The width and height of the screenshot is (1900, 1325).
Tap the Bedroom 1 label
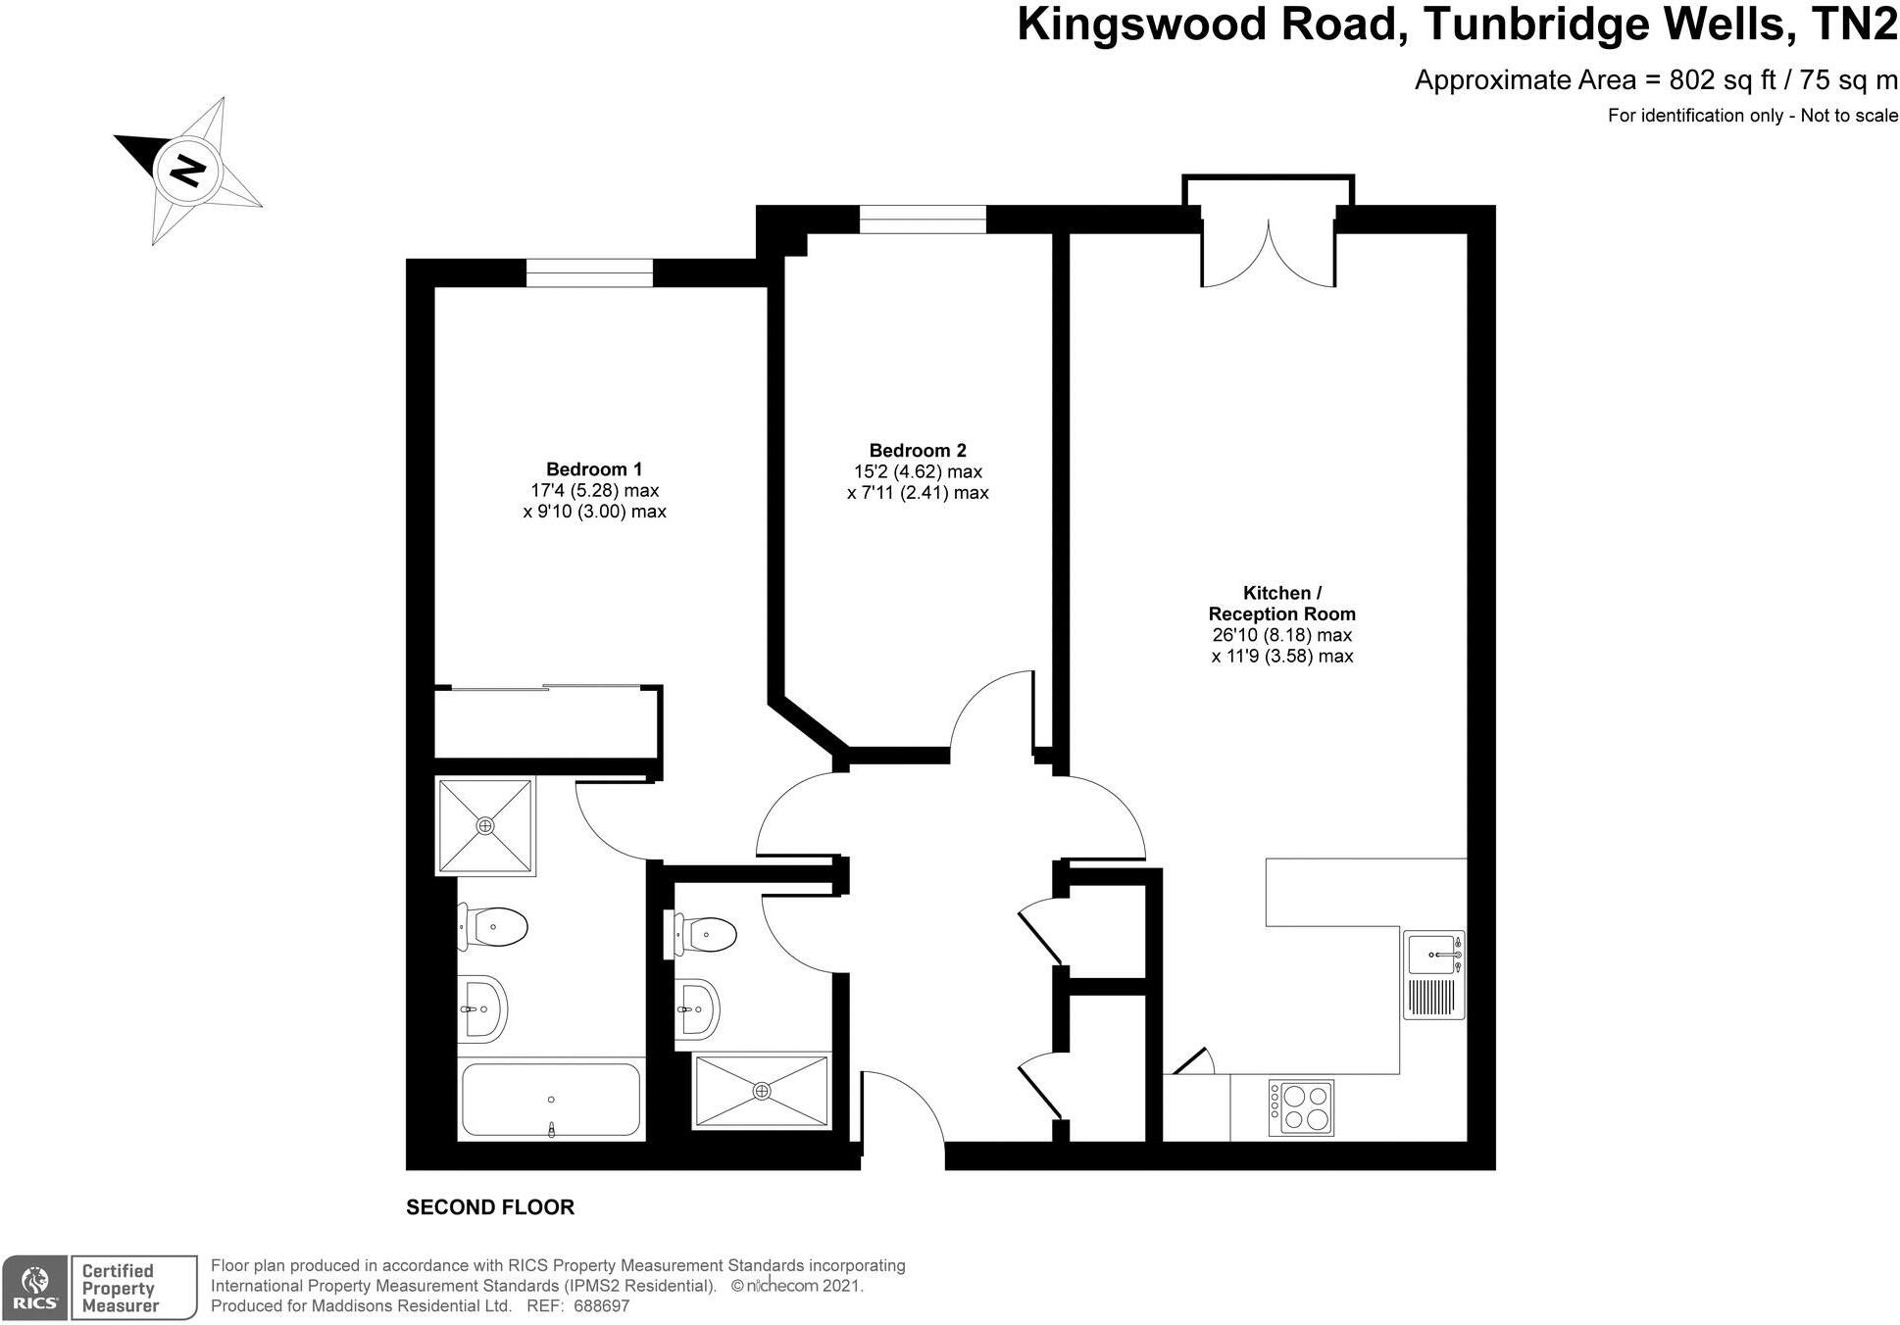pyautogui.click(x=594, y=469)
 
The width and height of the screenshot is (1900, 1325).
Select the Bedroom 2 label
pyautogui.click(x=918, y=451)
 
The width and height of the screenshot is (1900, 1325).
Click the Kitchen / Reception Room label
pyautogui.click(x=1281, y=604)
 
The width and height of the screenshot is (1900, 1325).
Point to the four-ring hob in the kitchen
pyautogui.click(x=1301, y=1107)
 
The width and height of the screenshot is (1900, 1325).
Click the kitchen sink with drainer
pyautogui.click(x=1433, y=975)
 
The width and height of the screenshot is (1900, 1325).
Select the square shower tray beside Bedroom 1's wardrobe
pyautogui.click(x=485, y=826)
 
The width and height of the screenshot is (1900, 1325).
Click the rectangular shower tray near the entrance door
pyautogui.click(x=762, y=1091)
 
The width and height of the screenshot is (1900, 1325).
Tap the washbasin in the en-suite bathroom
pyautogui.click(x=482, y=1008)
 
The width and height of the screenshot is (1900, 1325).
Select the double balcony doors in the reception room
pyautogui.click(x=1269, y=254)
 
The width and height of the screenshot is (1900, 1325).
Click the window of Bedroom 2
pyautogui.click(x=923, y=219)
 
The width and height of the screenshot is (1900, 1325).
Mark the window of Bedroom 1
pyautogui.click(x=589, y=272)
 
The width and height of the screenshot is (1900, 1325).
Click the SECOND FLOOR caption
pyautogui.click(x=490, y=1207)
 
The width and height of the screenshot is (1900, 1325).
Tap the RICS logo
pyautogui.click(x=34, y=1287)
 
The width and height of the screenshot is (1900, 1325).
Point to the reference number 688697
pyautogui.click(x=601, y=1306)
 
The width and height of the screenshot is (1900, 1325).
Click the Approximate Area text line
pyautogui.click(x=1655, y=80)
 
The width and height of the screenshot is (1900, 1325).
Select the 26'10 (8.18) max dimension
pyautogui.click(x=1281, y=635)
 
